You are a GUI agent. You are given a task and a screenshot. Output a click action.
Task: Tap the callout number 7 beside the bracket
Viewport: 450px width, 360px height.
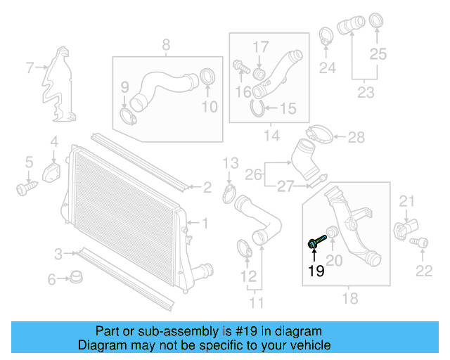coord(30,68)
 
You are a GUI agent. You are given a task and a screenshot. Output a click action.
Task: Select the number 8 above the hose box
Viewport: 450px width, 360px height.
coord(166,46)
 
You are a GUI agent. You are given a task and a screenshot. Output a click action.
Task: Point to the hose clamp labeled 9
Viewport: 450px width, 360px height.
coord(129,114)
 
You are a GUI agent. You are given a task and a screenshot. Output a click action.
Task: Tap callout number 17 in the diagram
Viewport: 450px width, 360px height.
coord(261,46)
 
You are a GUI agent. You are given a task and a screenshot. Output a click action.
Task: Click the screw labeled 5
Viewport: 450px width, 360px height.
coord(25,188)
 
